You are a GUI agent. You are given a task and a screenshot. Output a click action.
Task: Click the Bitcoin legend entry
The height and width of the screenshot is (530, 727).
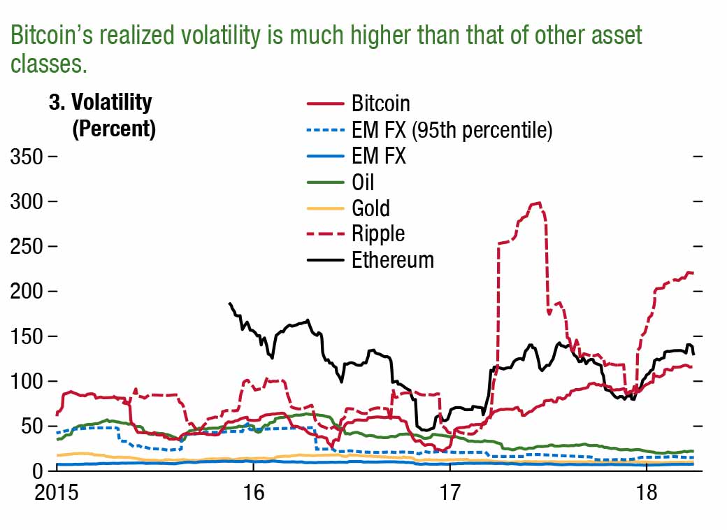tap(380, 103)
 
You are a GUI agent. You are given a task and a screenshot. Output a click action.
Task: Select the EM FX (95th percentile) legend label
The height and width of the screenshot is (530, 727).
tap(452, 130)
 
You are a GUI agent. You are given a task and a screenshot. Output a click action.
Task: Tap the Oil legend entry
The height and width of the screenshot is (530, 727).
tap(363, 182)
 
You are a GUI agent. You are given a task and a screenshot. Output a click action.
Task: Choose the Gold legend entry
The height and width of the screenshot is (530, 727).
tap(370, 208)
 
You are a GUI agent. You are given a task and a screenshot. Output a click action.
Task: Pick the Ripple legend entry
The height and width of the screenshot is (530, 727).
tap(378, 234)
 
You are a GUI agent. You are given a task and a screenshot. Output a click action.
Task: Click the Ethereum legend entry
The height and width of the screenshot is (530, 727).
tap(392, 260)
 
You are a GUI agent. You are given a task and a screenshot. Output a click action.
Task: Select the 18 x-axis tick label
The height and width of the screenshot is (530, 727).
tap(647, 492)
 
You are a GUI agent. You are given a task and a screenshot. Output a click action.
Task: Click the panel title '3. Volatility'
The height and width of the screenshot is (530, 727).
tap(100, 103)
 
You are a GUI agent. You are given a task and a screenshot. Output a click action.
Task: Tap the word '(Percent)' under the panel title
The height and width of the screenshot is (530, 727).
tap(114, 129)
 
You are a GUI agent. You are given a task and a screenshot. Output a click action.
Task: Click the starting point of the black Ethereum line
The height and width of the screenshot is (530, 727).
tap(229, 303)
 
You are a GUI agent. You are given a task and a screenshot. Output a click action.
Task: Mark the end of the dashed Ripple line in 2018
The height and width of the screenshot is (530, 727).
tap(693, 273)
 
